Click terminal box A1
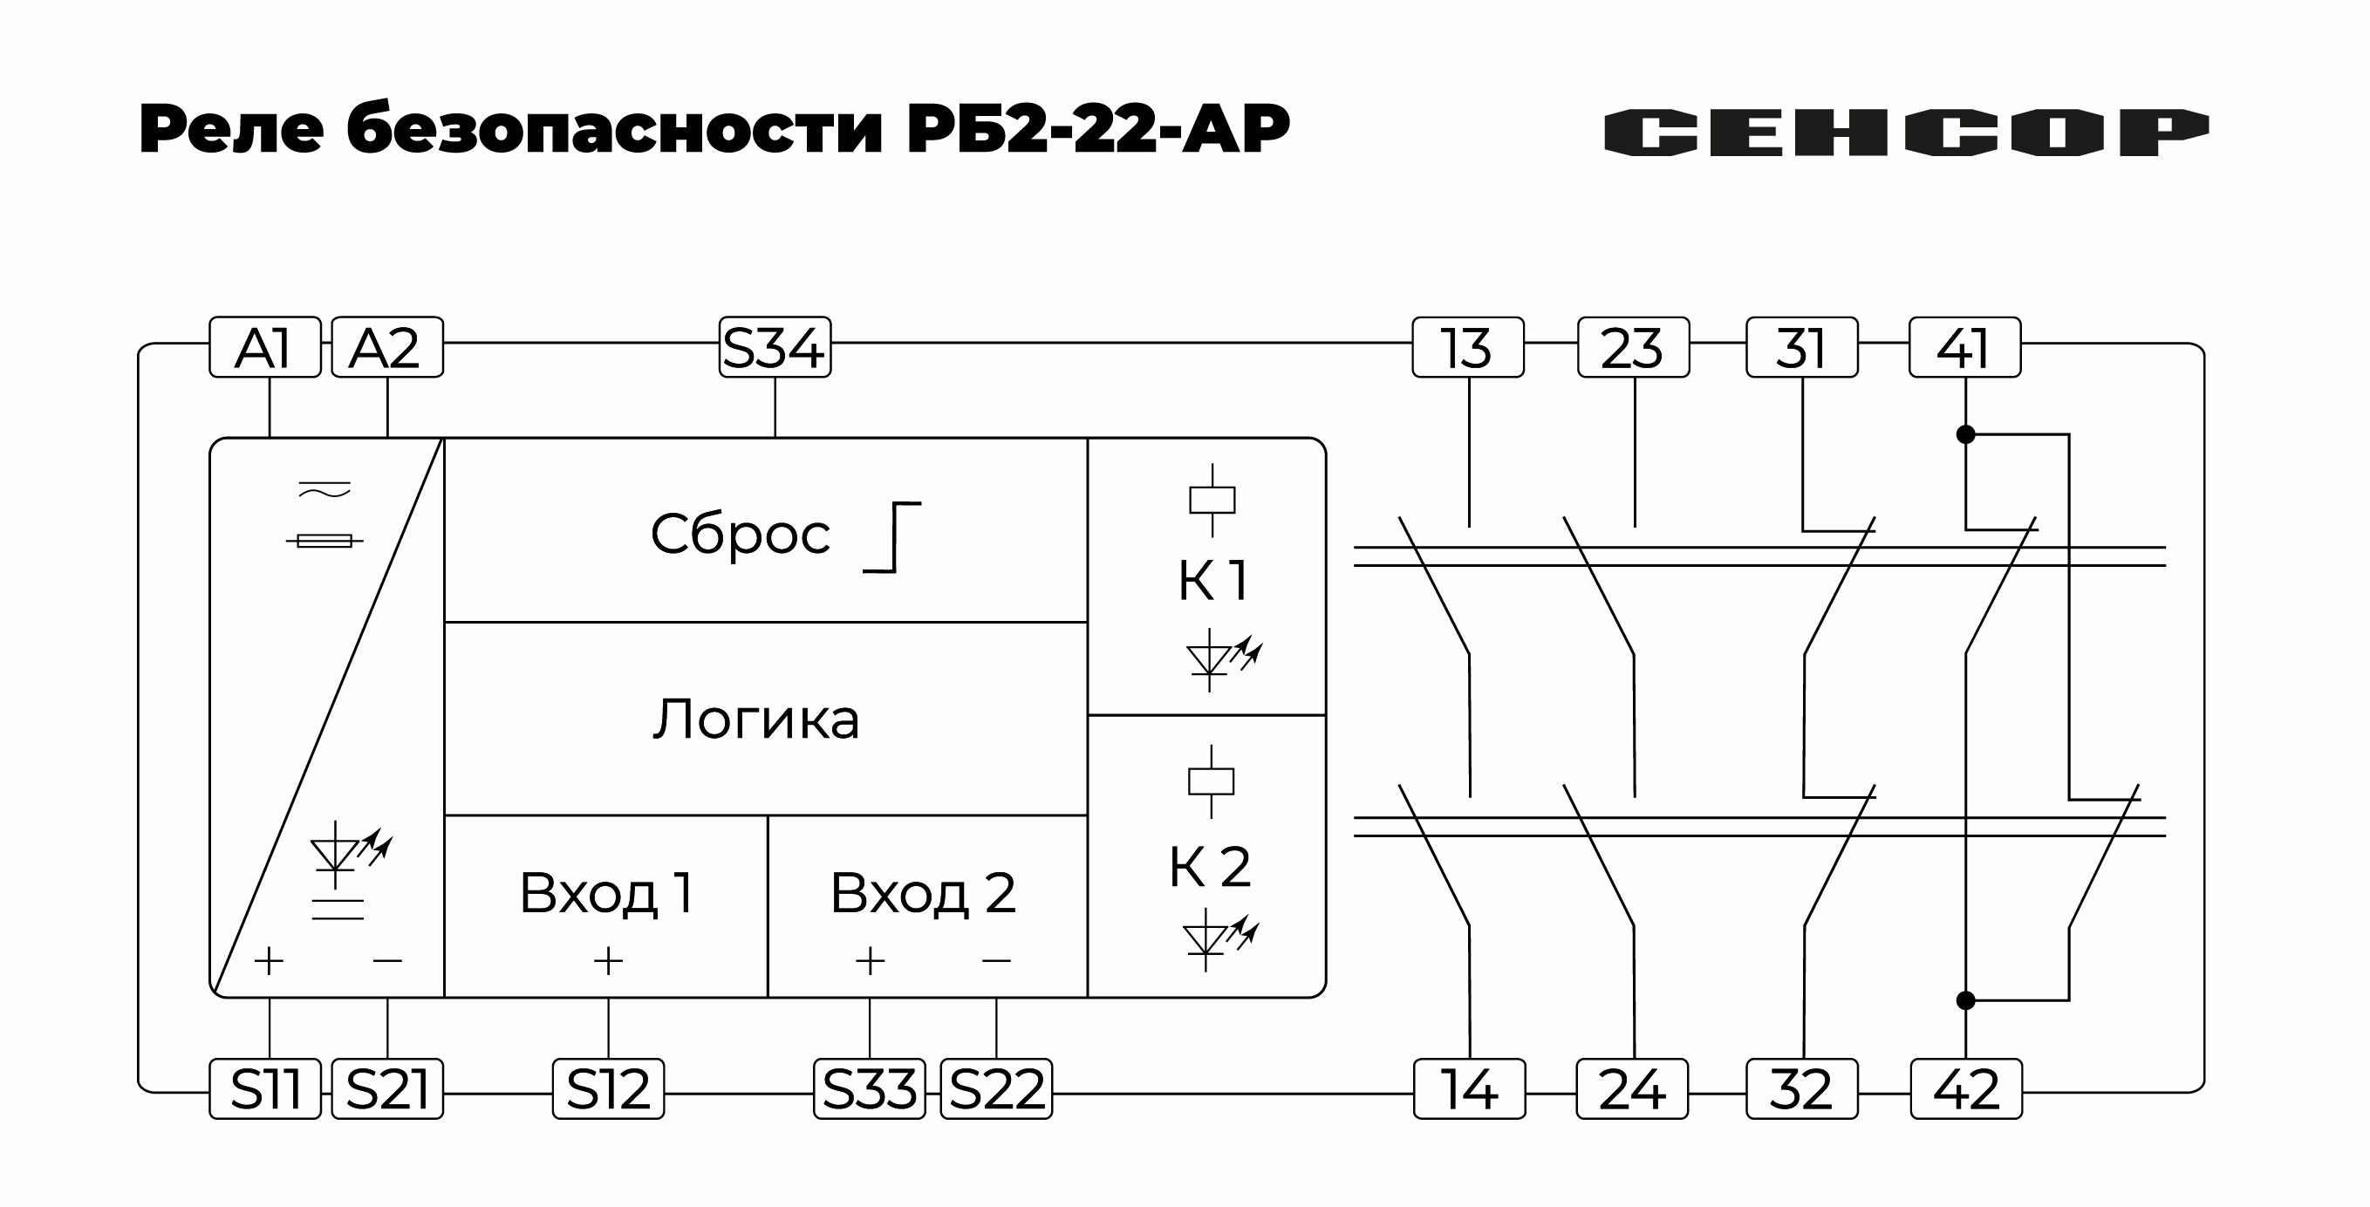265,348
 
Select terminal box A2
386,348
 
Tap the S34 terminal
775,348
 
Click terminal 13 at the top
1467,348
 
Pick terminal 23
1633,348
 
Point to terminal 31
1801,348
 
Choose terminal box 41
1964,348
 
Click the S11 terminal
265,1089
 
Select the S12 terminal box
608,1089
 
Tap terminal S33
870,1089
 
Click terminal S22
996,1089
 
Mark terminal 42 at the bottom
1966,1089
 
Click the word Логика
756,719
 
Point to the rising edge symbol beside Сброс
892,537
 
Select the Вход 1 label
606,892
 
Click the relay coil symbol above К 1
1212,501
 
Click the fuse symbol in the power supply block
324,541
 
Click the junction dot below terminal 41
1965,434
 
